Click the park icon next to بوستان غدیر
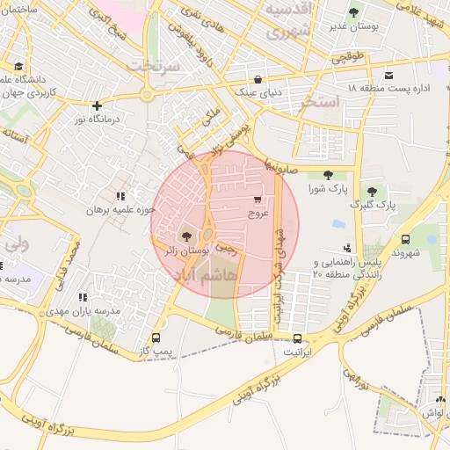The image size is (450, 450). click(353, 12)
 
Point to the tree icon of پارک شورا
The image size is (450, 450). click(328, 175)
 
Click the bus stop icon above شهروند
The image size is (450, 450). click(405, 239)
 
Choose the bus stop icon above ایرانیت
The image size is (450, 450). click(297, 339)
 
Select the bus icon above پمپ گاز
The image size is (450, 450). click(156, 338)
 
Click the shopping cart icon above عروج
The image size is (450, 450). click(258, 200)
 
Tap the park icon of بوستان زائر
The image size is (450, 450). click(185, 236)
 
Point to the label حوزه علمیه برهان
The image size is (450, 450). click(120, 210)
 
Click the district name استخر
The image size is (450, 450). click(319, 104)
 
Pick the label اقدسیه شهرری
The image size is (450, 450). click(288, 25)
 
